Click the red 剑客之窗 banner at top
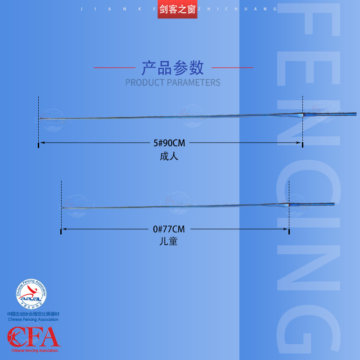(x=177, y=9)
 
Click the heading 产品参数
(x=173, y=68)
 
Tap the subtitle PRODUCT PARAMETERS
(x=173, y=82)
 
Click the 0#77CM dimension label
(x=169, y=229)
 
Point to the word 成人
(x=169, y=157)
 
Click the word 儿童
(x=169, y=241)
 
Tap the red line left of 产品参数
(x=114, y=68)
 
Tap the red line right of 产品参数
(x=232, y=68)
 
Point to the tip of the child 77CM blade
(x=63, y=208)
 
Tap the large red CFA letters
(x=33, y=337)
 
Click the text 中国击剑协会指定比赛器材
(x=33, y=314)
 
